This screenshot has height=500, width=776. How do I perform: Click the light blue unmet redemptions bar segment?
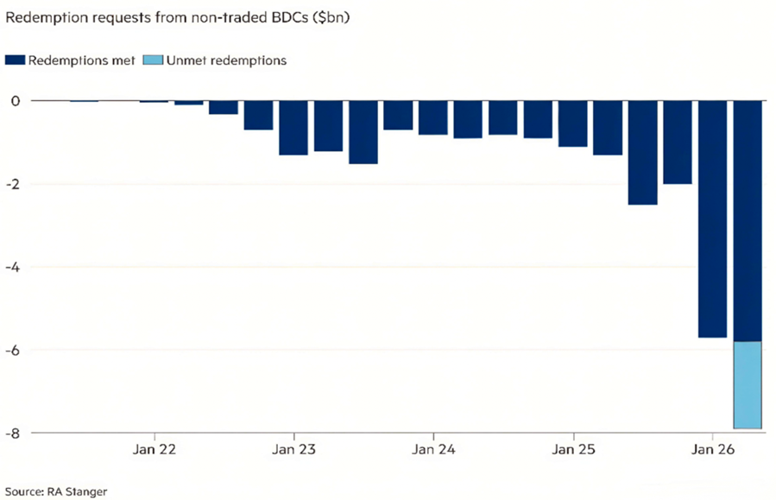747,384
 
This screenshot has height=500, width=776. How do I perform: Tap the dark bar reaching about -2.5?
642,153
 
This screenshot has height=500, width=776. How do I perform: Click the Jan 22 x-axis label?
154,450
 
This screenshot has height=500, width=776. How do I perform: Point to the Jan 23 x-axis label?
293,450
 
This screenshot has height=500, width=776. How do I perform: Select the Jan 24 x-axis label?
433,450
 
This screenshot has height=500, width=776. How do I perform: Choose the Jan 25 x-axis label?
573,450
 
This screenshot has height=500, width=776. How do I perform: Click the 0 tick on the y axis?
15,101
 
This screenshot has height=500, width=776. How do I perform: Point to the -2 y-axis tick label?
12,184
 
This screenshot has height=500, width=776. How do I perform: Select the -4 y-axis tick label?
12,267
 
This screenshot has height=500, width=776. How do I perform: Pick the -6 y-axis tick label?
12,350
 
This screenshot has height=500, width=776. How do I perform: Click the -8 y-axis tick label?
12,433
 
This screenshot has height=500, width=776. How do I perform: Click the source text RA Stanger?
79,491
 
